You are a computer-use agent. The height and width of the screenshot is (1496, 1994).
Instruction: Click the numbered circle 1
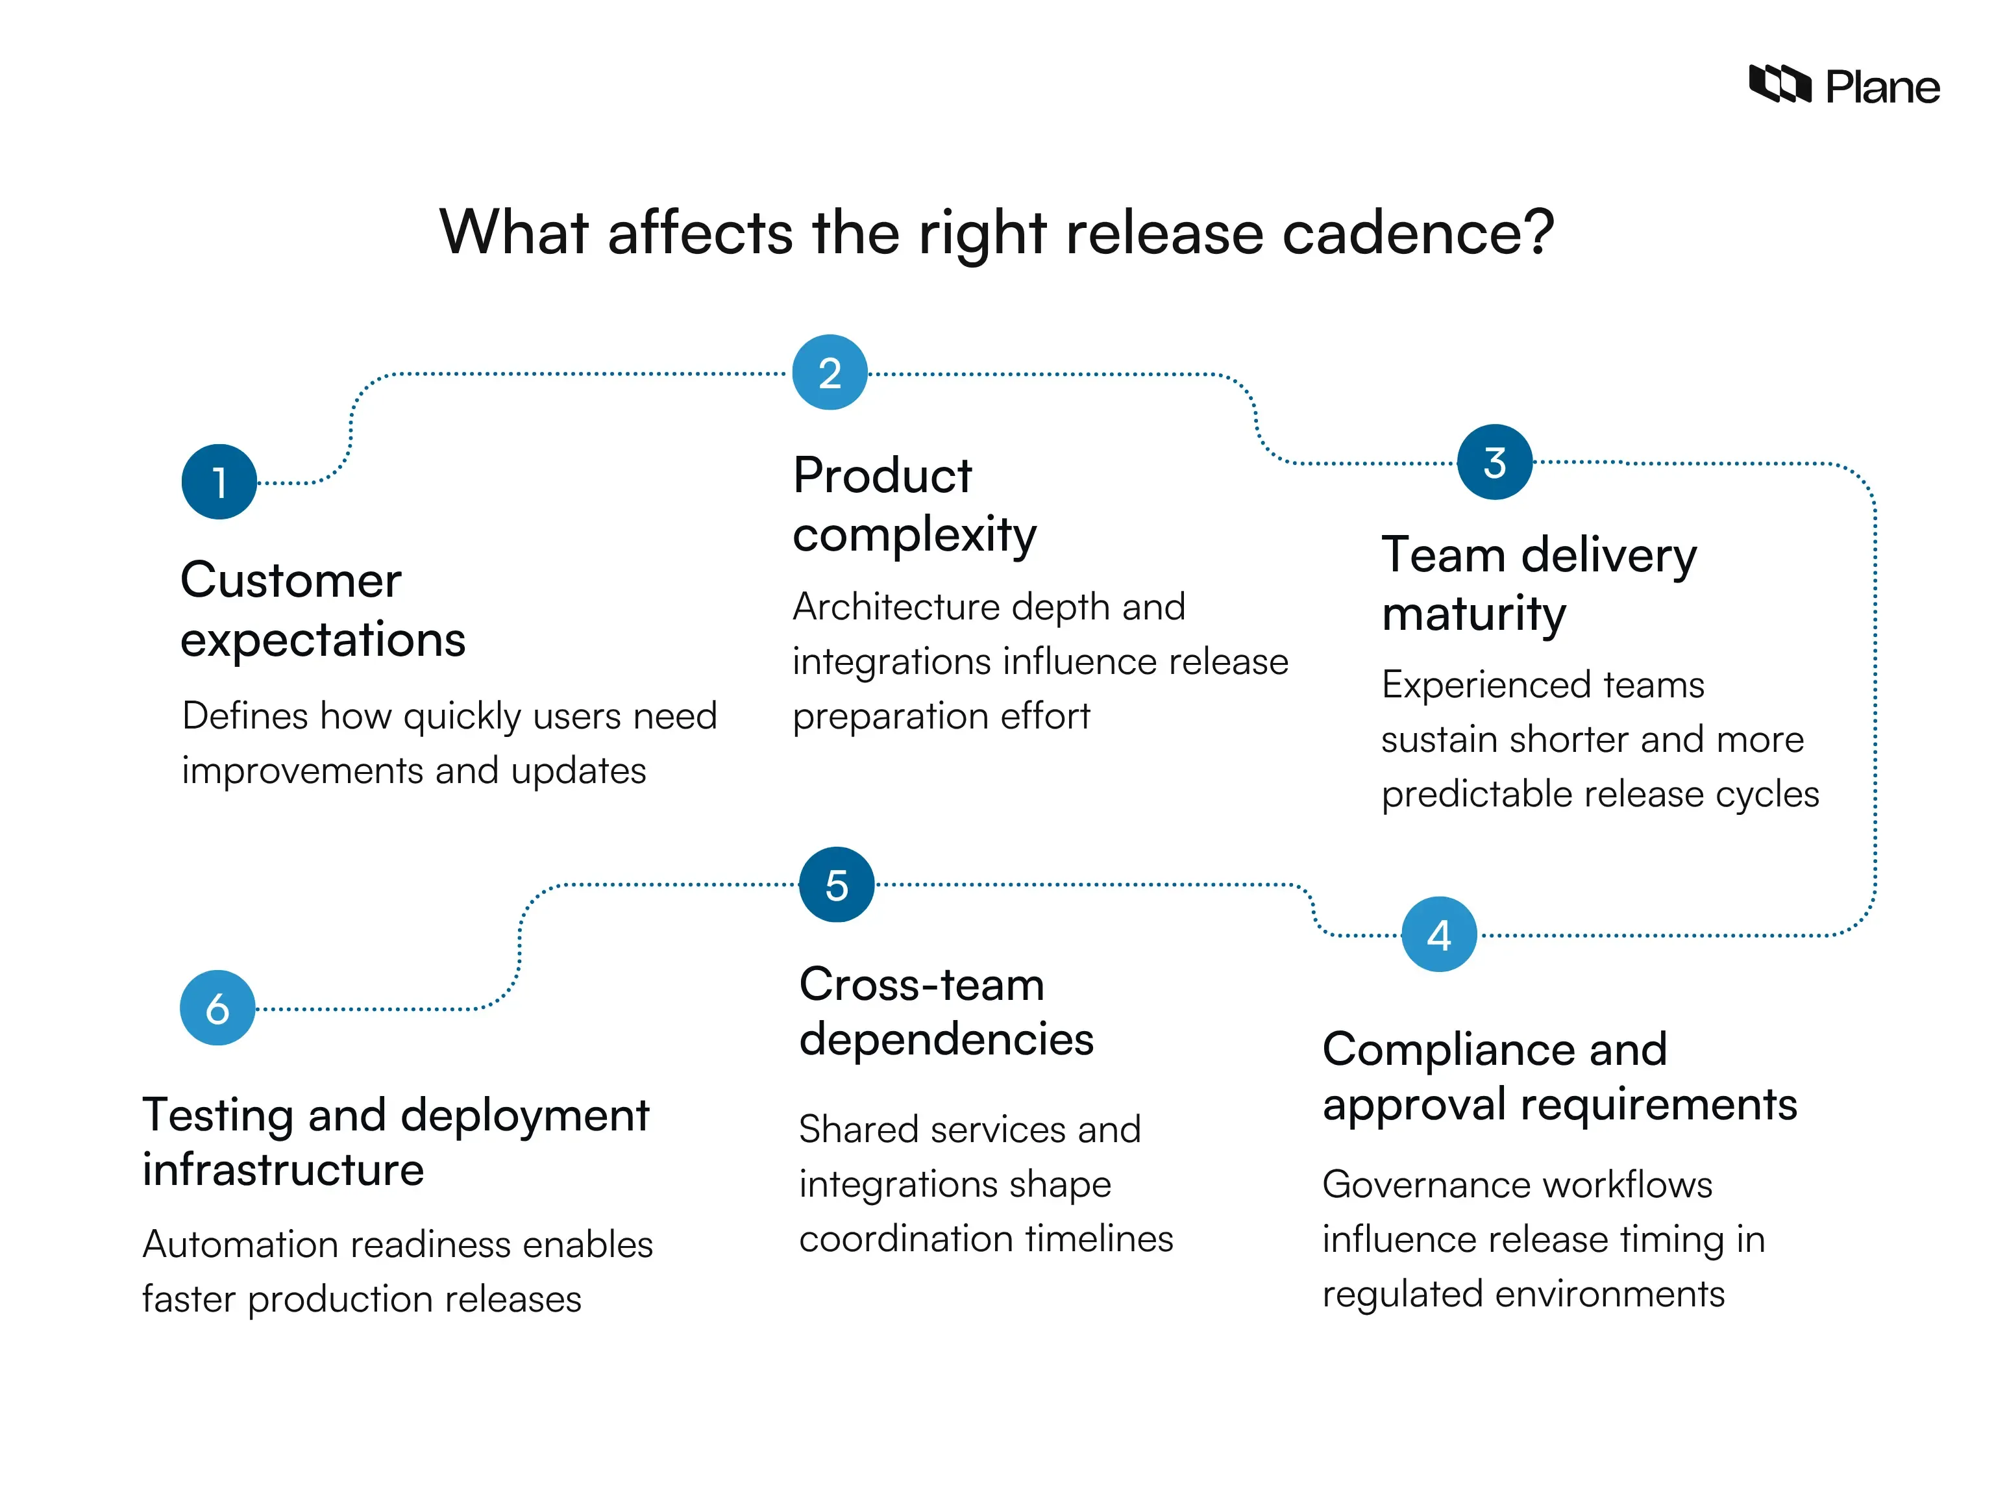[219, 482]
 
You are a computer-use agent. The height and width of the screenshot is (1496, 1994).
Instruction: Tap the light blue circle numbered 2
[830, 373]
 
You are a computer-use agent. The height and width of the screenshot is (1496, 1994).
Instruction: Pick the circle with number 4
[1439, 934]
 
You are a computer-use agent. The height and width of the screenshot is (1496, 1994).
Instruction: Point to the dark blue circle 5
[837, 884]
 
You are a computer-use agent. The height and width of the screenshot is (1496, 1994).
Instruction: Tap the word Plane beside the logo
[1882, 88]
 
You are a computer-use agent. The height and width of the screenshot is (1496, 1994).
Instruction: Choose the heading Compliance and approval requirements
[1558, 1076]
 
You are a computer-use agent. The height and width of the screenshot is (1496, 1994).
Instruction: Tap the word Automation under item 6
[240, 1245]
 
